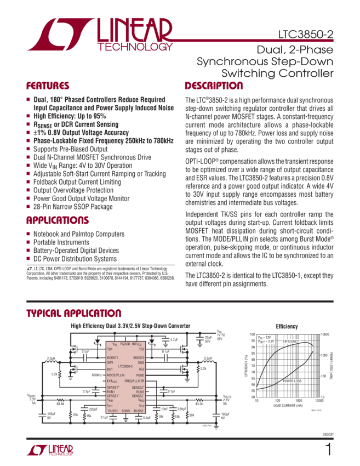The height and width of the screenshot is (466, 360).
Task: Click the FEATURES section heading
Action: [48, 86]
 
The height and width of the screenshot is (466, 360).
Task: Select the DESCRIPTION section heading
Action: [214, 86]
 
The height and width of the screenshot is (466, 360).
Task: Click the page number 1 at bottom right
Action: [328, 450]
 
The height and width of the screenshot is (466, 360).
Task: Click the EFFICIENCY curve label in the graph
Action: [292, 342]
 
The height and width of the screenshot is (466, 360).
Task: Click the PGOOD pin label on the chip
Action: [125, 344]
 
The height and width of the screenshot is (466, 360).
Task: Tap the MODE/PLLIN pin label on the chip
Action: [116, 375]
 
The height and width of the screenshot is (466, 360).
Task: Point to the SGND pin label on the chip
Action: [125, 410]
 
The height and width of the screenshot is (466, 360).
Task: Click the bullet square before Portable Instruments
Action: [28, 242]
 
